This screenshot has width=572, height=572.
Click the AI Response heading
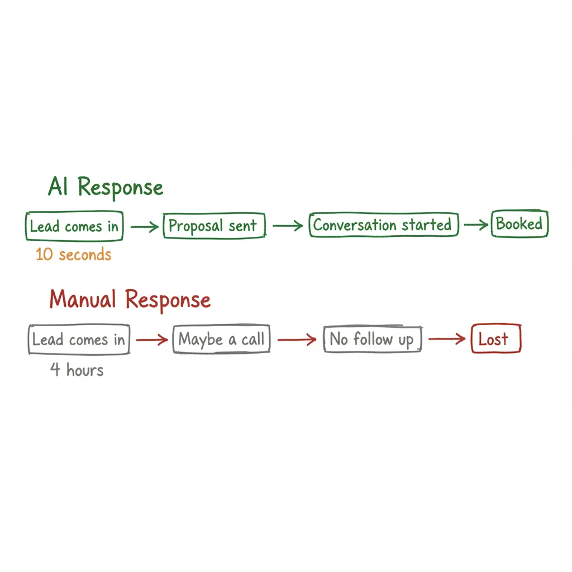(106, 187)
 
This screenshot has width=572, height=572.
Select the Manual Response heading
(130, 300)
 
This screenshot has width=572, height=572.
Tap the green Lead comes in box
(74, 226)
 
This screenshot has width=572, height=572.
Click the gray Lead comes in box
(78, 340)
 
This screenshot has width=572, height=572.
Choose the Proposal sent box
(213, 226)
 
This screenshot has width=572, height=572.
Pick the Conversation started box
(383, 225)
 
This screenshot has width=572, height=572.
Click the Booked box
(519, 224)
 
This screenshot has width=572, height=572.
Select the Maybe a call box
(222, 340)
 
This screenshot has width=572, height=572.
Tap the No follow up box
(372, 340)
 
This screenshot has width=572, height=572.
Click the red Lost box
(495, 339)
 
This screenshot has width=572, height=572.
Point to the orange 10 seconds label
(73, 255)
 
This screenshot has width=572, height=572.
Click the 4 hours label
(77, 370)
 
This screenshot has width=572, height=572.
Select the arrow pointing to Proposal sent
(145, 227)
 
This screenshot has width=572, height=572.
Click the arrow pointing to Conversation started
(288, 226)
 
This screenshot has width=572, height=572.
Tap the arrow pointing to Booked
(475, 225)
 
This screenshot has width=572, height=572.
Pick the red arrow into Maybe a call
(152, 340)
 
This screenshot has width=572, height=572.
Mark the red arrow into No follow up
(298, 340)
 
